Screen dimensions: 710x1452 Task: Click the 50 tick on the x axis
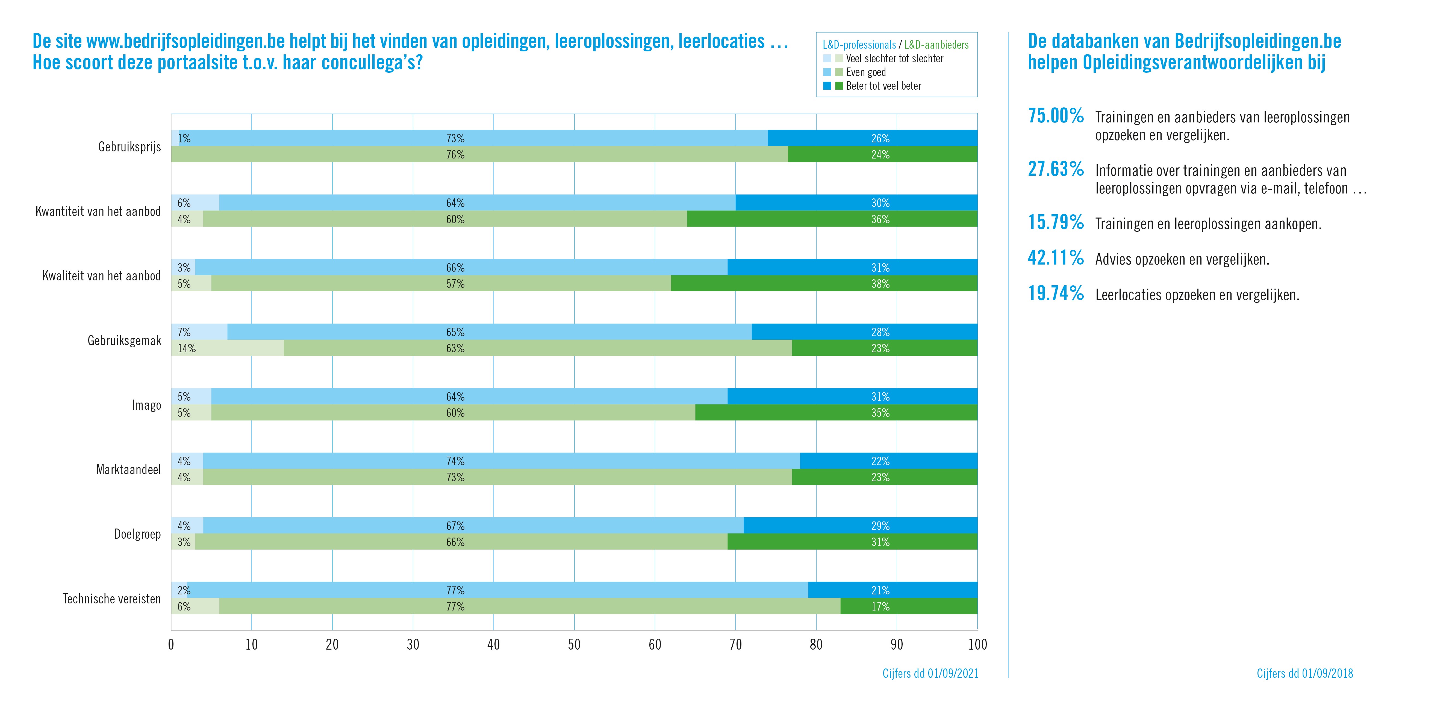pos(574,645)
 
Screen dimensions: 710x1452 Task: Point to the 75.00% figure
pos(1055,116)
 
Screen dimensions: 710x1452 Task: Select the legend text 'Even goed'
pos(866,72)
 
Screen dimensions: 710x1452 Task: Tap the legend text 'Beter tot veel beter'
pos(883,86)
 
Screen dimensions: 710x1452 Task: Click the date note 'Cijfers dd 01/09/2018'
pos(1304,673)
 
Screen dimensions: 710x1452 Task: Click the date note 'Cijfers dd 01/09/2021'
pos(930,673)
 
